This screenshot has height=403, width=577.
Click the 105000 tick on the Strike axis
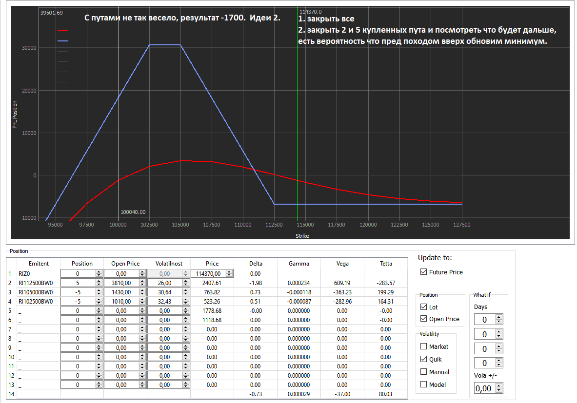pyautogui.click(x=180, y=225)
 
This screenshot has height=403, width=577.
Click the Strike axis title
pyautogui.click(x=302, y=236)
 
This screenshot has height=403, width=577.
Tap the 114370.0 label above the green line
pyautogui.click(x=311, y=11)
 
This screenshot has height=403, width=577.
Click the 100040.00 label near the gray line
pyautogui.click(x=133, y=212)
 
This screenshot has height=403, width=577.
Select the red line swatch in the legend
pyautogui.click(x=63, y=31)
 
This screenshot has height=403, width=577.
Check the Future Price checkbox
pyautogui.click(x=423, y=272)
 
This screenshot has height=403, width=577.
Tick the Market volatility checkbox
pyautogui.click(x=423, y=346)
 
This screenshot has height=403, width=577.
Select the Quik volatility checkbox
pyautogui.click(x=423, y=359)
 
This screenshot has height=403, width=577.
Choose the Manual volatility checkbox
pyautogui.click(x=423, y=372)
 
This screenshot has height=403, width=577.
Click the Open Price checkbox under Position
pyautogui.click(x=423, y=319)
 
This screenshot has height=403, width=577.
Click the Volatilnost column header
pyautogui.click(x=168, y=263)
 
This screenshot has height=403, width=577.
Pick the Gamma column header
pyautogui.click(x=298, y=263)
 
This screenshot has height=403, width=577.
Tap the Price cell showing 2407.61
pyautogui.click(x=212, y=283)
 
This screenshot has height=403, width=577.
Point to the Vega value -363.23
pyautogui.click(x=342, y=292)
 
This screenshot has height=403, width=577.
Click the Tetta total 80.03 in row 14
pyautogui.click(x=385, y=394)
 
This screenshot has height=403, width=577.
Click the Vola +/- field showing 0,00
pyautogui.click(x=484, y=388)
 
